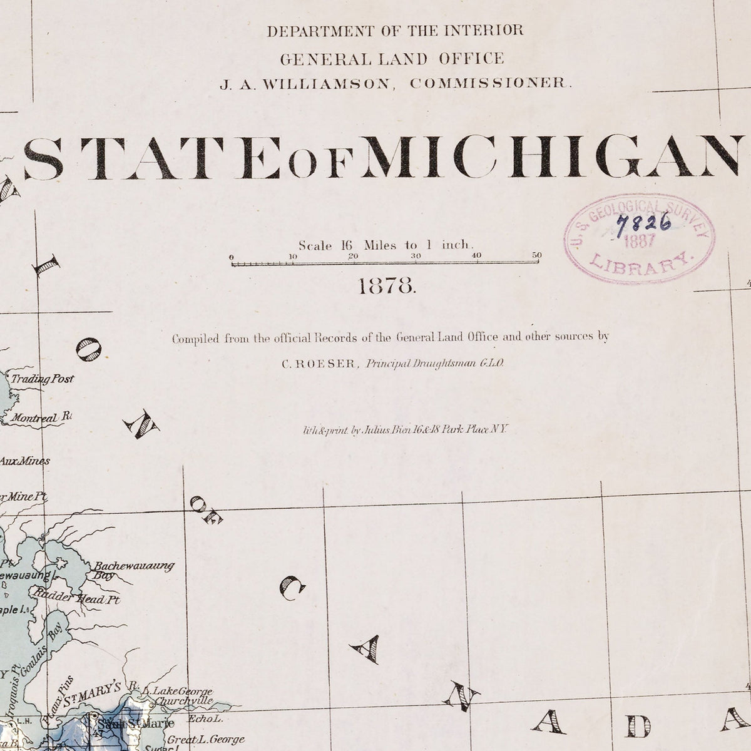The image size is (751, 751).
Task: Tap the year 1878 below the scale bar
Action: click(386, 287)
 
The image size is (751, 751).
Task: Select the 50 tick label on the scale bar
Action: click(536, 255)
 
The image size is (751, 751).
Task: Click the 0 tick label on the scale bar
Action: click(232, 256)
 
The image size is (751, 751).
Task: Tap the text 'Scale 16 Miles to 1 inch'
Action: click(386, 245)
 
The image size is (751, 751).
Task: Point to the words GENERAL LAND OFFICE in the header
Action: click(392, 59)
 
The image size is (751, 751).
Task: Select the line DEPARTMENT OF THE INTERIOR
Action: click(395, 31)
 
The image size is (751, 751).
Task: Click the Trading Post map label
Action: click(42, 379)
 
